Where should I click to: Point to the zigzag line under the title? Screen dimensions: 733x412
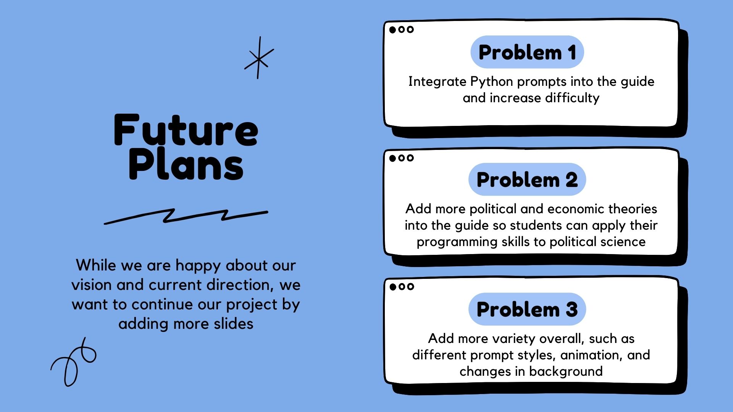pyautogui.click(x=186, y=216)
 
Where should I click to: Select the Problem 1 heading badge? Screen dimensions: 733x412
pyautogui.click(x=527, y=52)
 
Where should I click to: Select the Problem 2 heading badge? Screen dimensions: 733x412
pyautogui.click(x=527, y=180)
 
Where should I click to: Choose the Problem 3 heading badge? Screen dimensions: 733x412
pyautogui.click(x=527, y=309)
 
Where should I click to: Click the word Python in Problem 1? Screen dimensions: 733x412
pyautogui.click(x=492, y=82)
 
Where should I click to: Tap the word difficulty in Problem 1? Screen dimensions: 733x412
pyautogui.click(x=572, y=98)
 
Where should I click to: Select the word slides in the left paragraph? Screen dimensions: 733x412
pyautogui.click(x=234, y=324)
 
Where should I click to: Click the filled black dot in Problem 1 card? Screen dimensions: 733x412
pyautogui.click(x=392, y=30)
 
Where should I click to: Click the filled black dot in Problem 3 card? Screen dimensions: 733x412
pyautogui.click(x=393, y=287)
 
